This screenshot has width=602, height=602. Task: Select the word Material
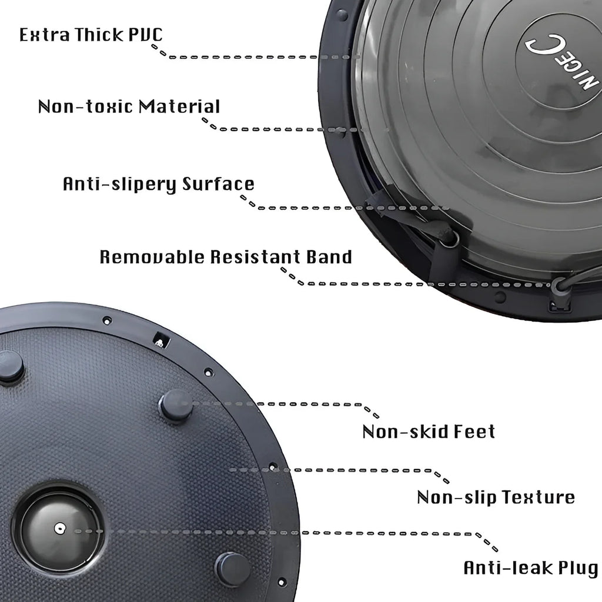point(179,106)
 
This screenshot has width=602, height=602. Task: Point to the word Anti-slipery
point(119,184)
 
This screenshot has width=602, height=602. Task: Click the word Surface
point(218,184)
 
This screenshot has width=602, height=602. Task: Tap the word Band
point(329,257)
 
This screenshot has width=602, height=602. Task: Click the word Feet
point(474,432)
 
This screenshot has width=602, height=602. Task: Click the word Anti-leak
point(507,568)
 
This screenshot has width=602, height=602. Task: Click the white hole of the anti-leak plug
point(59,529)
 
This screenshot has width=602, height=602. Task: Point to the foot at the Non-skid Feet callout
point(175,406)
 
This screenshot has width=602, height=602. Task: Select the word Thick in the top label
point(99,34)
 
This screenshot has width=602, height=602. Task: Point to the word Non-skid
point(404,432)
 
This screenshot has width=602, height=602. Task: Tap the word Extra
point(45,35)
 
